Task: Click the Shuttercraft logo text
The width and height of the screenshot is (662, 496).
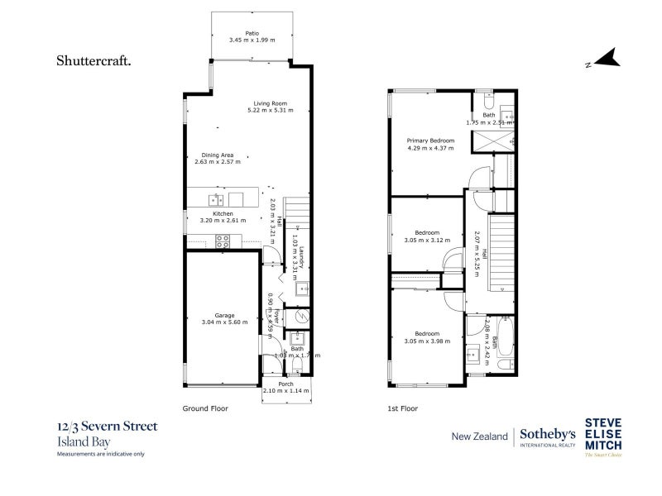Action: (x=94, y=60)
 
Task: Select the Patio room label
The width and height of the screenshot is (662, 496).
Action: (x=252, y=33)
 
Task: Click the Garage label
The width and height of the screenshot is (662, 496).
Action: (x=224, y=315)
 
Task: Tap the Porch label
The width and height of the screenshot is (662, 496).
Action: (x=285, y=384)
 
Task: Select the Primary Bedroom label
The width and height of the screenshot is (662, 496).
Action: (x=429, y=141)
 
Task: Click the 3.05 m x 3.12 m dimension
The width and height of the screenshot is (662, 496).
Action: (x=427, y=240)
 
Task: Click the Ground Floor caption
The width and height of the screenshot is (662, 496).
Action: (x=204, y=408)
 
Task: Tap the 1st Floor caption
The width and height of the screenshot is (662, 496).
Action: (x=403, y=408)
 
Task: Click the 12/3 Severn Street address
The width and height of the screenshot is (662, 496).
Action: (x=107, y=427)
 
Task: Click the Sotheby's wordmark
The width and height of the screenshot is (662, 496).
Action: (x=546, y=434)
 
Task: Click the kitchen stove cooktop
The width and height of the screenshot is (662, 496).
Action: (x=222, y=241)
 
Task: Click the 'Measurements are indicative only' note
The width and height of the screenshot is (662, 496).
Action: (x=100, y=454)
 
